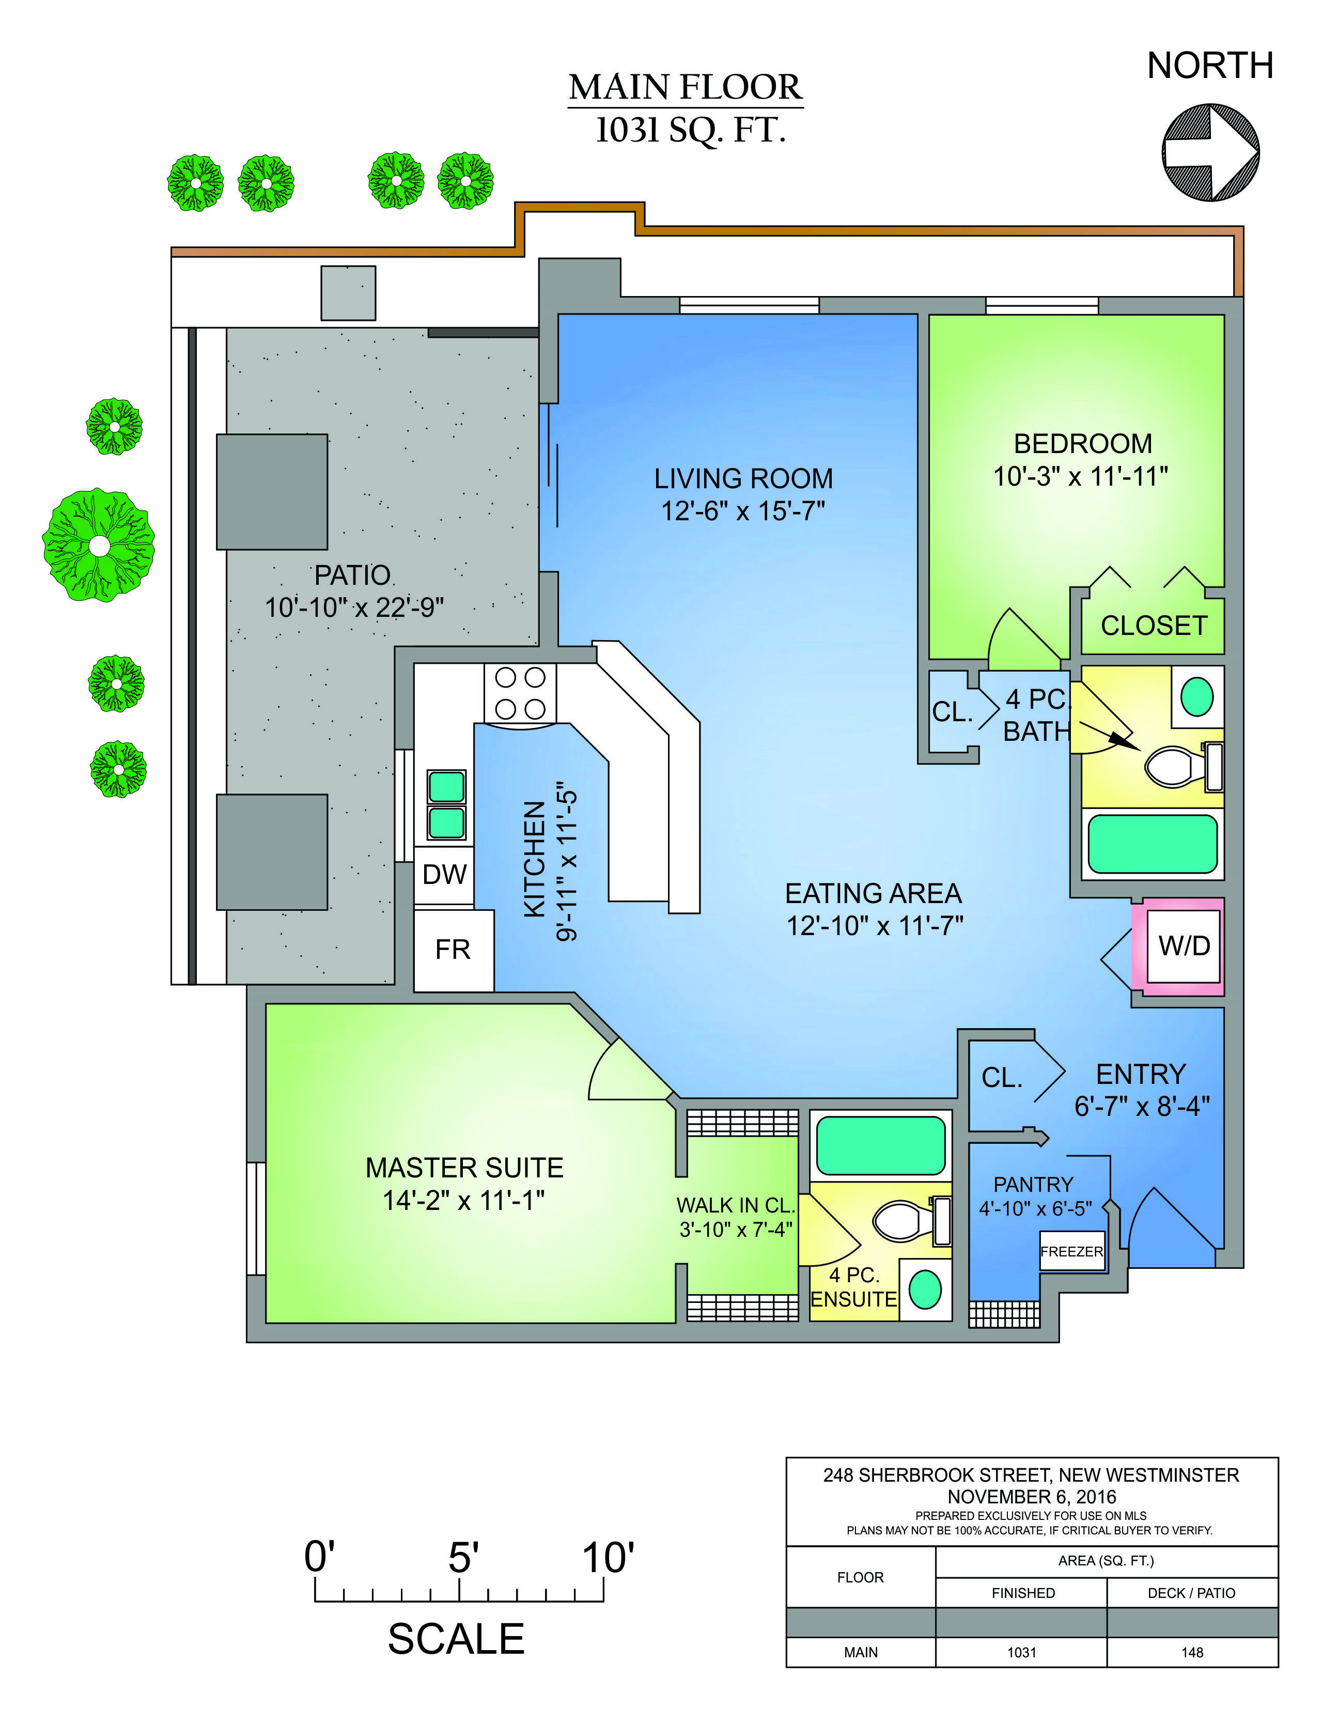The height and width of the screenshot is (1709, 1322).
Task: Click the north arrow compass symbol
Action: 1210,152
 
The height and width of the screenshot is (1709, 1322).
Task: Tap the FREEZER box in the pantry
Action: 1071,1251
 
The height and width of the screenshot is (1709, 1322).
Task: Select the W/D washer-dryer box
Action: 1184,945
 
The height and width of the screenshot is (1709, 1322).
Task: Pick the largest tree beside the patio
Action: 99,546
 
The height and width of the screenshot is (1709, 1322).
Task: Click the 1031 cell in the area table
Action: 1021,1653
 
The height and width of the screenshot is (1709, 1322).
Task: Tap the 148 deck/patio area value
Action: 1192,1653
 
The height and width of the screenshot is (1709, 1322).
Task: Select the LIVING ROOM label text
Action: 743,478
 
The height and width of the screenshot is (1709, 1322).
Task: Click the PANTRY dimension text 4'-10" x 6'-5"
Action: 1035,1209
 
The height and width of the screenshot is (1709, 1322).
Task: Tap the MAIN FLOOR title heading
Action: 686,87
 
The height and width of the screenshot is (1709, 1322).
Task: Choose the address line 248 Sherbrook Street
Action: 1031,1475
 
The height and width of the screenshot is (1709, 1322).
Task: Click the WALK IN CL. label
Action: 736,1205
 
